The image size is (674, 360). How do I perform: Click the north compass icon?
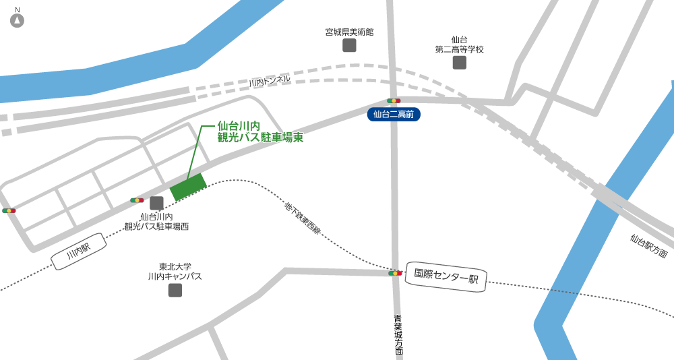(x=17, y=20)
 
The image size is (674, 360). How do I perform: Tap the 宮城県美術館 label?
(x=349, y=32)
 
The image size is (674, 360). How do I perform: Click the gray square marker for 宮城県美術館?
(x=349, y=45)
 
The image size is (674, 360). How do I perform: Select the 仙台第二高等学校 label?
(x=459, y=44)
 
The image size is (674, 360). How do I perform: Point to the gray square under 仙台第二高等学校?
(x=459, y=63)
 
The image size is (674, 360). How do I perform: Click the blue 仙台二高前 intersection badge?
(x=394, y=115)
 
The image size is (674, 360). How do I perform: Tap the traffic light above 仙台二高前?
(x=394, y=100)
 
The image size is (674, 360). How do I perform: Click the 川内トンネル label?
(x=270, y=81)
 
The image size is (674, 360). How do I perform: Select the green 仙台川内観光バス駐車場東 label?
(x=259, y=131)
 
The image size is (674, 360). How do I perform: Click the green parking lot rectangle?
(x=188, y=187)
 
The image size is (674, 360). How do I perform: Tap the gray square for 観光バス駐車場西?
(x=156, y=203)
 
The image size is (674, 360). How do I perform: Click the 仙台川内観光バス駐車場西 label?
(x=156, y=222)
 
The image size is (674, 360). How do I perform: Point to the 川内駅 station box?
(x=78, y=251)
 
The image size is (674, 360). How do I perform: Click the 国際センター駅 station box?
(x=446, y=276)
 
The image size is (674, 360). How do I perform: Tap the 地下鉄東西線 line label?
(x=303, y=218)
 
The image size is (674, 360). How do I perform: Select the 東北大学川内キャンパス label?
(x=175, y=271)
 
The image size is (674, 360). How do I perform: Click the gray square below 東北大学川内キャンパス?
(x=175, y=290)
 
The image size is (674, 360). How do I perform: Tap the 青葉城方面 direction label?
(x=398, y=334)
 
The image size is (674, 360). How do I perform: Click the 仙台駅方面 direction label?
(x=648, y=246)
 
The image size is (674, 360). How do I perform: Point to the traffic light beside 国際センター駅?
(x=395, y=273)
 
